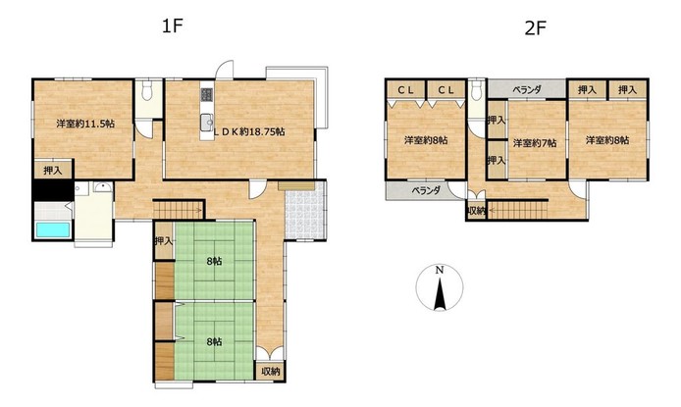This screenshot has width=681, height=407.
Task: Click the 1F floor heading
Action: click(172, 26)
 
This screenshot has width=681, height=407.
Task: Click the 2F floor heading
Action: click(535, 28)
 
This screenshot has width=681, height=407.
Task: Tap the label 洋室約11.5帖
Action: click(85, 124)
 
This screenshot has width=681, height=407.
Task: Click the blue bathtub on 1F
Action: click(53, 229)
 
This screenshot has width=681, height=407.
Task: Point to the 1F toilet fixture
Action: click(147, 90)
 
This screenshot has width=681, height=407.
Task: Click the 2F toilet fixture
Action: click(477, 90)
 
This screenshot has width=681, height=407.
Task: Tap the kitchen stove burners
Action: click(207, 94)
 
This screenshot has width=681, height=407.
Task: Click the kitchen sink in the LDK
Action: click(207, 123)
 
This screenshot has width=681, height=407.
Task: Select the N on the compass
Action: click(440, 270)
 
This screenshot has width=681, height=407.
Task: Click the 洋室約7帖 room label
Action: click(535, 143)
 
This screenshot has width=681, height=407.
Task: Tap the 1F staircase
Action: click(179, 210)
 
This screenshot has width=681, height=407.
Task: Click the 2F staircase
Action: click(518, 211)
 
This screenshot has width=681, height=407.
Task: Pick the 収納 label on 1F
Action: click(271, 372)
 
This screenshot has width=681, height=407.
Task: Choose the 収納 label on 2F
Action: click(477, 211)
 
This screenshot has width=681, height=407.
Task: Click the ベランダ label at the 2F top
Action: click(527, 90)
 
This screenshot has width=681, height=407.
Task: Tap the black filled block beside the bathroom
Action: click(53, 190)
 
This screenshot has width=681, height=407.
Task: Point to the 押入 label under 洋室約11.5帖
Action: click(53, 171)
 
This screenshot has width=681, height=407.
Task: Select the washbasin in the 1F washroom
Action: click(103, 187)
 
